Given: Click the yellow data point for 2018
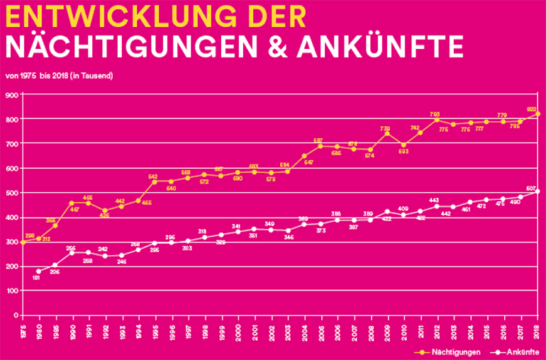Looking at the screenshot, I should pos(538,113).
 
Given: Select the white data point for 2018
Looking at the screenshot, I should pos(538,191).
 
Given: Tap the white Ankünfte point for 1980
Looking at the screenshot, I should pos(38,271).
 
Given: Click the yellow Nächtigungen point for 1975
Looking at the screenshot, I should pos(23,242).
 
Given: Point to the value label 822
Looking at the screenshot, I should pos(533,109).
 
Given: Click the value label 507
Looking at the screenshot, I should pos(532,188).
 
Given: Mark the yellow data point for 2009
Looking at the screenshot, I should pos(386,134).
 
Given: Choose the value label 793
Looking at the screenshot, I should pos(435,114).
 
